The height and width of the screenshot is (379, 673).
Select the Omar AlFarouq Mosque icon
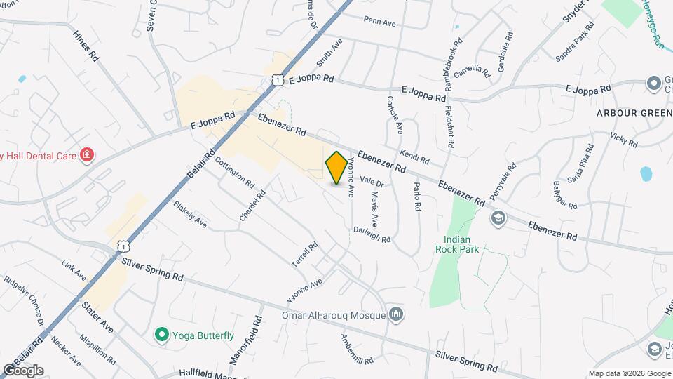pos(397,313)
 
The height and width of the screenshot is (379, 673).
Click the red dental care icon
pos(86,154)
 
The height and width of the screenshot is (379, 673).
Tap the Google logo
pos(23,370)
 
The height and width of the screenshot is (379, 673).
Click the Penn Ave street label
pos(379,23)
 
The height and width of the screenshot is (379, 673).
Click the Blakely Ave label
pos(190,214)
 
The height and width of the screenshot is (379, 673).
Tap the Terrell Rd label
pos(306,254)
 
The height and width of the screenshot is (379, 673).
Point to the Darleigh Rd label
pos(372,234)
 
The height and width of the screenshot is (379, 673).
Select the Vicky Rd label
pos(623,140)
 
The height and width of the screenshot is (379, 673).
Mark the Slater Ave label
pos(97,317)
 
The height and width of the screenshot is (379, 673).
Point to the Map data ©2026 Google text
pos(630,373)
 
